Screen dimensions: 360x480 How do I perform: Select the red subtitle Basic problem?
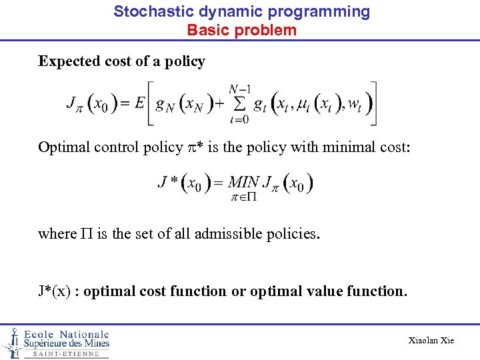coord(241,30)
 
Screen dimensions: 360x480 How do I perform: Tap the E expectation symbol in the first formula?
coord(139,103)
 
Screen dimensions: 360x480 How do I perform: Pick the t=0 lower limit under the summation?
coord(238,121)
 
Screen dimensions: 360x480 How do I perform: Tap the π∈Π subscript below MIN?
coord(244,197)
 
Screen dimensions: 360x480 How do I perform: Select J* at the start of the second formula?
coord(167,182)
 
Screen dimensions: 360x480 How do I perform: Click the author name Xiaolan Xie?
coord(431,341)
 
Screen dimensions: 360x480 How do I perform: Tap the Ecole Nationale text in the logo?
coord(67,334)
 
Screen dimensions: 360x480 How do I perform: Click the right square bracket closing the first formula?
coord(372,103)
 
